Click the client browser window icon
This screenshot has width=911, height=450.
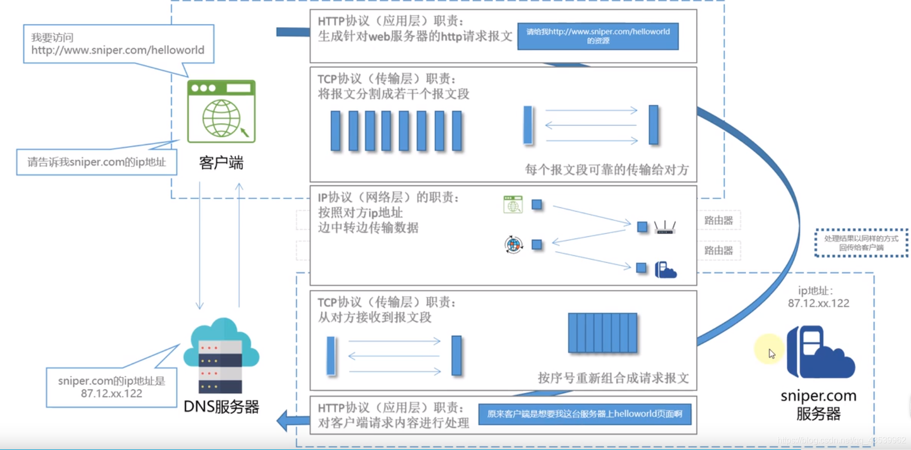pyautogui.click(x=221, y=111)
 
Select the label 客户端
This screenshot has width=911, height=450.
pyautogui.click(x=221, y=162)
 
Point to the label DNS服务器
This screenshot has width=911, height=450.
pyautogui.click(x=221, y=407)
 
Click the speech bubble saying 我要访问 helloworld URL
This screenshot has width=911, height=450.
pyautogui.click(x=118, y=44)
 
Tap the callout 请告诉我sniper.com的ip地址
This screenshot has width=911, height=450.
pyautogui.click(x=97, y=162)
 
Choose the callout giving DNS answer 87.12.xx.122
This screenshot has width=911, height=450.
pyautogui.click(x=111, y=387)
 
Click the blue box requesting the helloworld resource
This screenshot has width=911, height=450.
pyautogui.click(x=598, y=36)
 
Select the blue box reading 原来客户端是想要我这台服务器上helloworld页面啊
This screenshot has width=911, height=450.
pyautogui.click(x=584, y=414)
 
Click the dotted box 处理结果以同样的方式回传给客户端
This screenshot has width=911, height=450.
pyautogui.click(x=861, y=243)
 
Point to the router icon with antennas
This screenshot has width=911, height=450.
pyautogui.click(x=665, y=227)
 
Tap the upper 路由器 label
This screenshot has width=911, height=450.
pyautogui.click(x=718, y=221)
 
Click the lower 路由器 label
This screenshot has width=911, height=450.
pyautogui.click(x=718, y=251)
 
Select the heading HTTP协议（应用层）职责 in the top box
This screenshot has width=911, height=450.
pyautogui.click(x=390, y=21)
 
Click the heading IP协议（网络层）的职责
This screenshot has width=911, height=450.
pyautogui.click(x=388, y=197)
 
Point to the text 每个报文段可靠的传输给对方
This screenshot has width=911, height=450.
pyautogui.click(x=607, y=170)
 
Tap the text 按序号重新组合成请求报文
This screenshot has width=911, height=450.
pyautogui.click(x=613, y=378)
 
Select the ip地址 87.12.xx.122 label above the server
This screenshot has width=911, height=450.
pyautogui.click(x=818, y=297)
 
